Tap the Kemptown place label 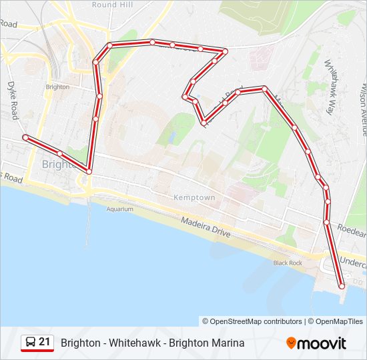click(194, 197)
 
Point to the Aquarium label click(120, 209)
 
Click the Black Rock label click(288, 263)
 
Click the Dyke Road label click(12, 101)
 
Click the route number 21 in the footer click(45, 342)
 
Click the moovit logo click(316, 343)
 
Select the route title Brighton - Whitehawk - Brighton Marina click(152, 343)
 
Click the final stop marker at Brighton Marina click(342, 286)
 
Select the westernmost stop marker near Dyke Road click(25, 137)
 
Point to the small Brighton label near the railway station click(57, 87)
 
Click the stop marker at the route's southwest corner click(88, 172)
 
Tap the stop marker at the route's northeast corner click(225, 51)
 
